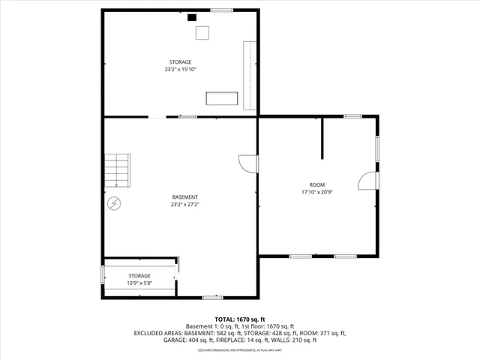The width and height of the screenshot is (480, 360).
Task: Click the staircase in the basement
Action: coord(117,170)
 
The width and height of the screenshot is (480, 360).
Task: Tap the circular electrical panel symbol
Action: coord(114,202)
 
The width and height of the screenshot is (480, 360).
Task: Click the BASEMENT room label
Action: coord(184,197)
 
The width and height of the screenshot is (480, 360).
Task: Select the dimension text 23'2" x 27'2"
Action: coord(184,204)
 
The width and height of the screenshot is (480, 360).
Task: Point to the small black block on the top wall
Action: coord(192,16)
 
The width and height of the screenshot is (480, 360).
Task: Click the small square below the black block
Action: coord(202,33)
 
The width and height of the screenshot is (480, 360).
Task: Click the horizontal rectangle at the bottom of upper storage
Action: coord(223,99)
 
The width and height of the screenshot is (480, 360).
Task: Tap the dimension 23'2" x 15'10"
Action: coord(180,69)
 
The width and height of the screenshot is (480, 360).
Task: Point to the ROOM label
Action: coord(317,184)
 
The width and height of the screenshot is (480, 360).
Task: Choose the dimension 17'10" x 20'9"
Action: coord(317,192)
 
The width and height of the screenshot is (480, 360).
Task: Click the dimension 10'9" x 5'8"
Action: coord(139,283)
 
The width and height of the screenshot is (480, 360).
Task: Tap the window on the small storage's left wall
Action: coord(103,274)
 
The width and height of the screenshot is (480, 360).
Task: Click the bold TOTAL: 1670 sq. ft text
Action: coord(240,319)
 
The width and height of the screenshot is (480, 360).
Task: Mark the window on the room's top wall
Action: coord(352,116)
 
